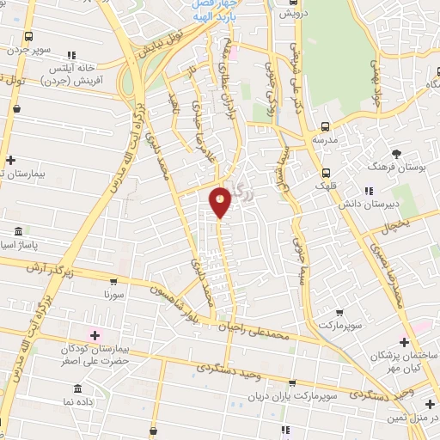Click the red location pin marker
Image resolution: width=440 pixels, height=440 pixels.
pos(220,202)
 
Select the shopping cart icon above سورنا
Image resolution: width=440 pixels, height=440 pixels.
pos(113,280)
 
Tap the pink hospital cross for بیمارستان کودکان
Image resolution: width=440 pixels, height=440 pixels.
pos(95,333)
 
